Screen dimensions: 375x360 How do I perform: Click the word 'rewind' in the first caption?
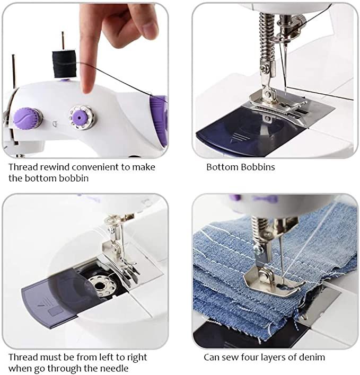point(55,167)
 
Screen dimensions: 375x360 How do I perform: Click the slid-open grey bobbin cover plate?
point(53,299)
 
